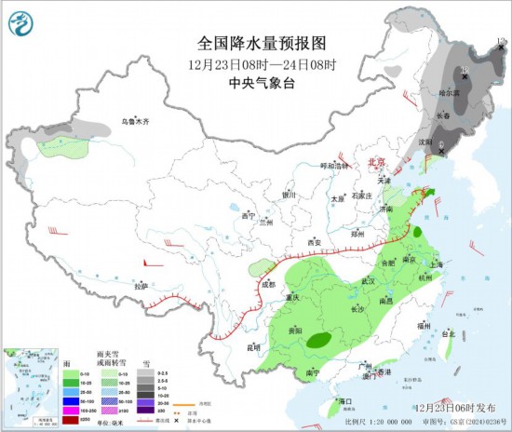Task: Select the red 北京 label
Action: coord(376,161)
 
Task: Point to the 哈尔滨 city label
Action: coord(450,93)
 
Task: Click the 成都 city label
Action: coord(269,284)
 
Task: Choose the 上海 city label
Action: coord(438,263)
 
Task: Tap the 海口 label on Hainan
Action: coord(345,401)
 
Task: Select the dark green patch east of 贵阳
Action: coord(318,341)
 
